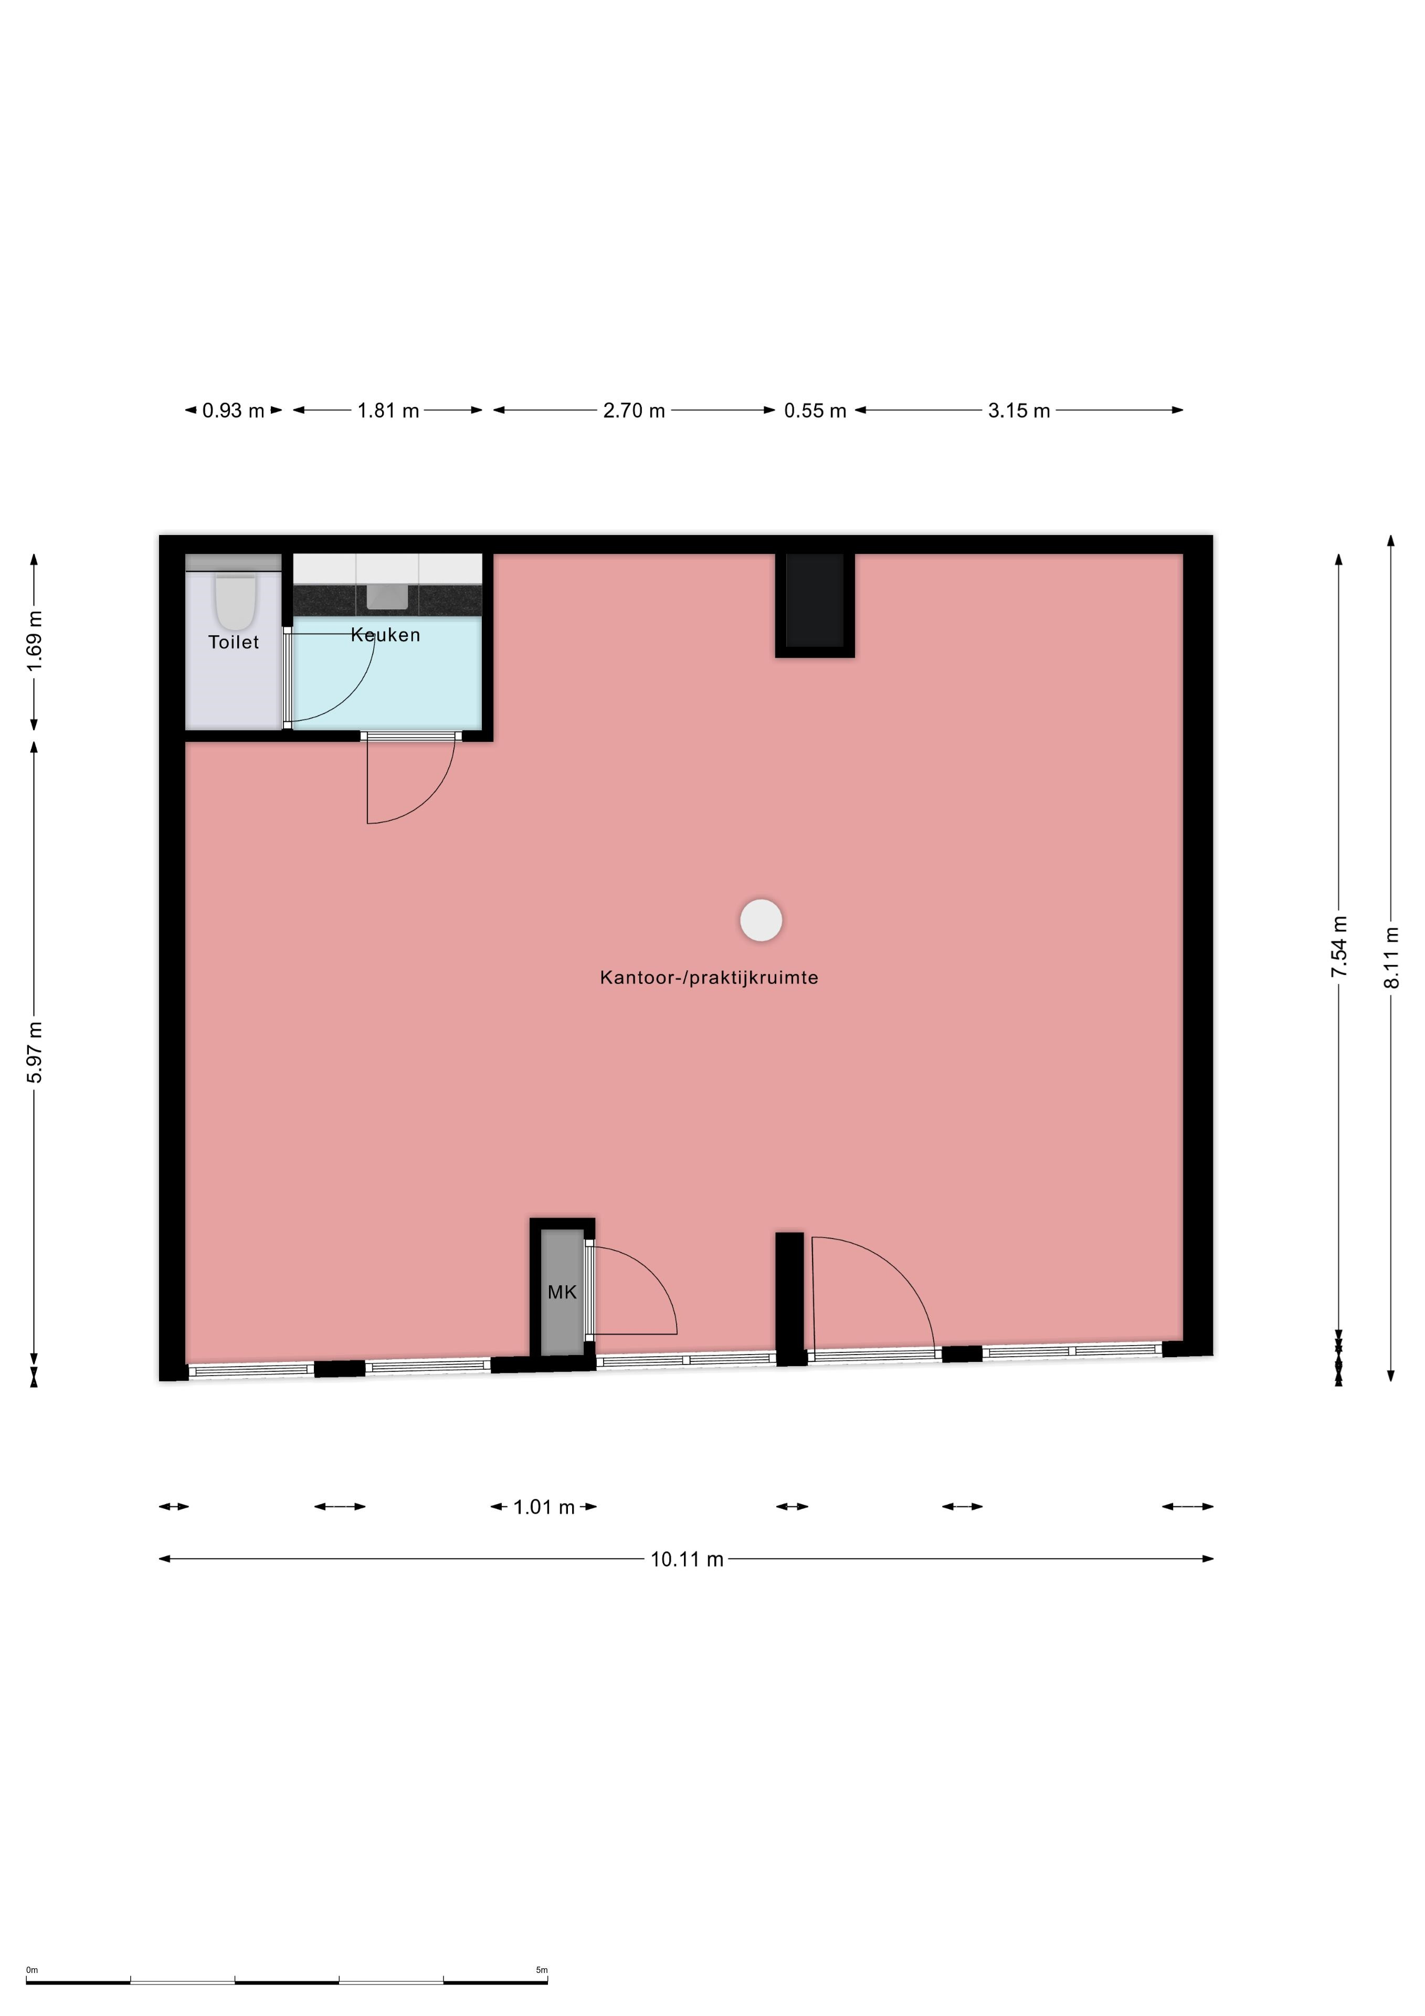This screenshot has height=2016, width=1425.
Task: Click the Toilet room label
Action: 234,642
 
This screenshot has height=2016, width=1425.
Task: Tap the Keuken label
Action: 385,635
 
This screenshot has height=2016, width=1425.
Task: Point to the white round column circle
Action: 761,921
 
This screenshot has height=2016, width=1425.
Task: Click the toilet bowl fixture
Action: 235,602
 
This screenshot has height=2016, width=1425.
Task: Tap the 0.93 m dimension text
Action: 234,410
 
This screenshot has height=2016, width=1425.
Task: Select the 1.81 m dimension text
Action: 388,410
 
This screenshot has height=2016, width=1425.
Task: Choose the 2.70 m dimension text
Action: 634,410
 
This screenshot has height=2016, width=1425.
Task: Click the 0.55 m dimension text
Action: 815,410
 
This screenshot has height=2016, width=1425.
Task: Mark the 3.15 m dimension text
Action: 1019,410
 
